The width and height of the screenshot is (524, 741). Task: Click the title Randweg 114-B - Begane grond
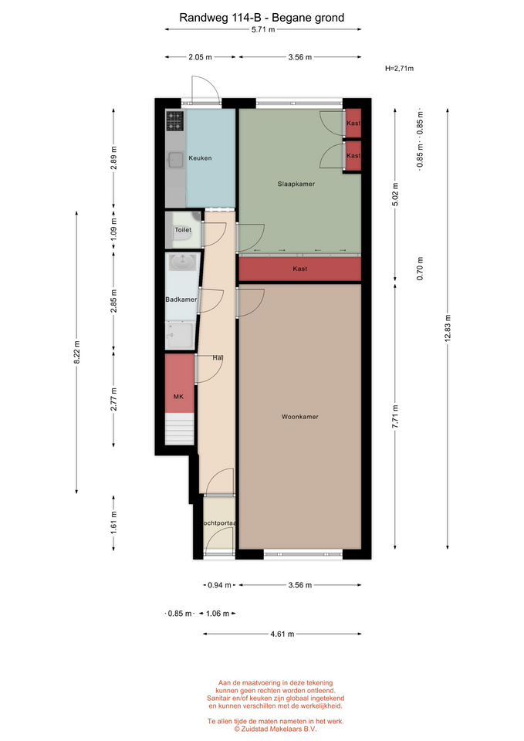[262, 18]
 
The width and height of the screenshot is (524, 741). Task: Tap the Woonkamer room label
[300, 417]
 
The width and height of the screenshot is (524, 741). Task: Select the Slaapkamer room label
[296, 184]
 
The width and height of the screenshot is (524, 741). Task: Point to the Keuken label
[200, 157]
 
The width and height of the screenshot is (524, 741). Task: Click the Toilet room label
[183, 230]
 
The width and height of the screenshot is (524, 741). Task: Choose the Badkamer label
[181, 299]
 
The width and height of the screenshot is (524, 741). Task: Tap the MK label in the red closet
[178, 397]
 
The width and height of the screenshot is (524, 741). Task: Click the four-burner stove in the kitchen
[175, 121]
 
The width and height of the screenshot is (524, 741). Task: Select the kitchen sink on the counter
[175, 160]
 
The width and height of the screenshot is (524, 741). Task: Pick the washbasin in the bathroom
[182, 262]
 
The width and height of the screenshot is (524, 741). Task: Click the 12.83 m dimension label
[448, 328]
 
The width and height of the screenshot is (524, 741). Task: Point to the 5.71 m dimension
[263, 29]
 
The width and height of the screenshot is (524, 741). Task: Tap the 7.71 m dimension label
[395, 417]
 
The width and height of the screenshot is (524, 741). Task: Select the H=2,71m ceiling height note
[399, 69]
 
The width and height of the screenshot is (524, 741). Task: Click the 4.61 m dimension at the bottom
[282, 634]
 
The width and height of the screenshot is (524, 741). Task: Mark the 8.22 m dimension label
[77, 352]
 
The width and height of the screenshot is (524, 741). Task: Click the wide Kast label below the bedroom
[300, 269]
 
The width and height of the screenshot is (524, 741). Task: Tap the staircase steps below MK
[180, 429]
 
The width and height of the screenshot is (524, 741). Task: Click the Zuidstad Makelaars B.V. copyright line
[276, 729]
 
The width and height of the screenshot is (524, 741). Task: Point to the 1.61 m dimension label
[114, 523]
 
